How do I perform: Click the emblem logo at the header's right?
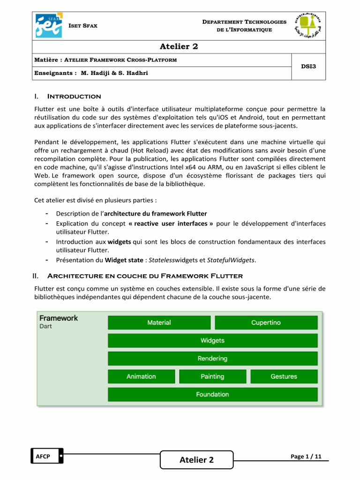point(308,26)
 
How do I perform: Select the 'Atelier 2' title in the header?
point(180,46)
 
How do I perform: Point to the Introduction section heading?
point(74,97)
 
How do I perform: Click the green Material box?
point(159,322)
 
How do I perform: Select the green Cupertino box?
point(266,322)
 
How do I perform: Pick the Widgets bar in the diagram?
point(212,340)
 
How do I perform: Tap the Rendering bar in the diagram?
point(212,359)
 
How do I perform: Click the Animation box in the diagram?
point(141,376)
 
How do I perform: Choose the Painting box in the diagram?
point(212,376)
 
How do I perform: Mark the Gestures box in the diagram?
point(284,376)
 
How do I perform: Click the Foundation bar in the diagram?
point(212,394)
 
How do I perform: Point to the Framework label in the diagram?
point(59,318)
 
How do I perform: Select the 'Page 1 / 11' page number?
point(306,457)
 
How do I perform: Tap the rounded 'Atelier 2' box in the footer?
point(196,460)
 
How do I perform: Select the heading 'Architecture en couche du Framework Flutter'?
point(145,276)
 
